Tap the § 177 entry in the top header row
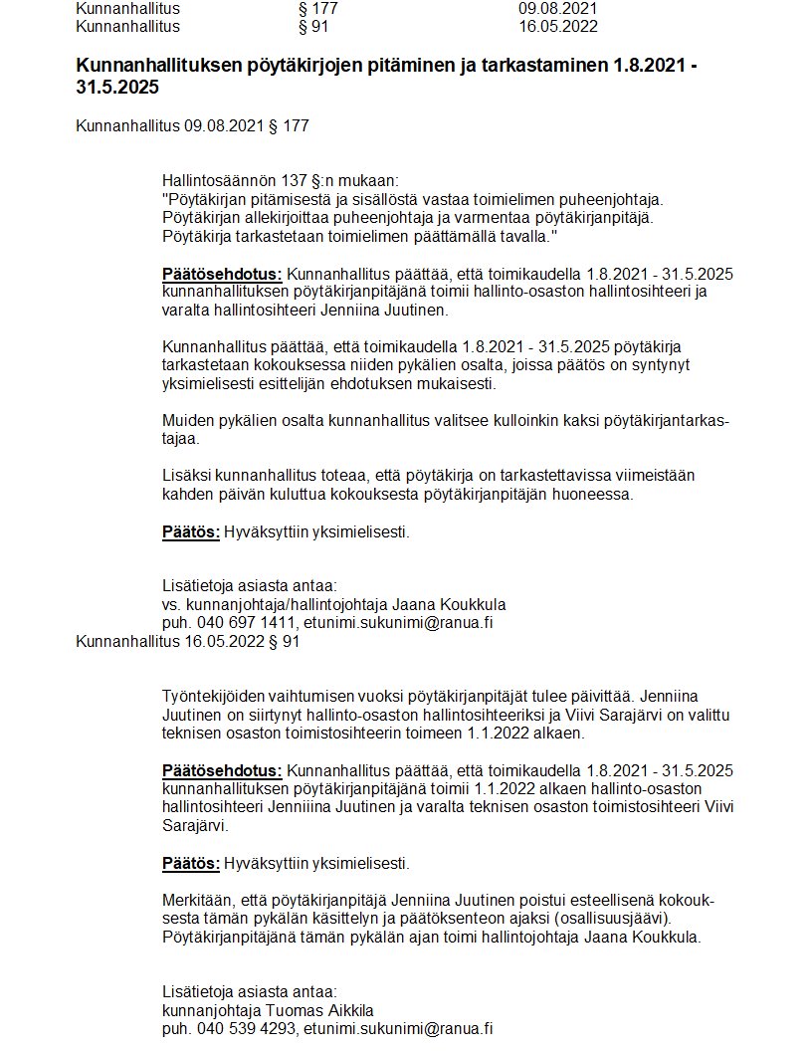coord(318,9)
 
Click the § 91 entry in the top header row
coord(313,27)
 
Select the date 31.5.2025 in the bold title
coord(117,88)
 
